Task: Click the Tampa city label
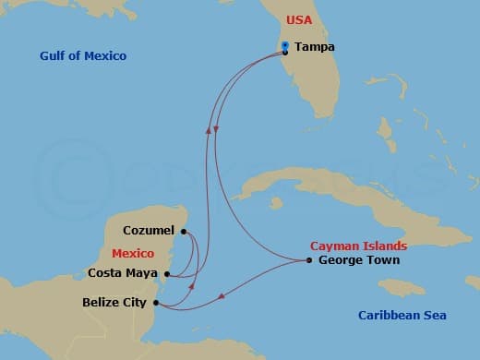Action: (315, 47)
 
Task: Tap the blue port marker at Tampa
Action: (285, 44)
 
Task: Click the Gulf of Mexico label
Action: (83, 56)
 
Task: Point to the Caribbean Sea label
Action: (402, 316)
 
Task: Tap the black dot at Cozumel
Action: (185, 232)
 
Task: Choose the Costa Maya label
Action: (124, 272)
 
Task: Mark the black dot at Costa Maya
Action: (166, 273)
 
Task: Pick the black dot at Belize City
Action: (155, 302)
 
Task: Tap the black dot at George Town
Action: (309, 260)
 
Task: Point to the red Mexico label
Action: (132, 252)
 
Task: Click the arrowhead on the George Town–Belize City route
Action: (222, 297)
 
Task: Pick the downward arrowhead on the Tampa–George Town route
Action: (215, 126)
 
